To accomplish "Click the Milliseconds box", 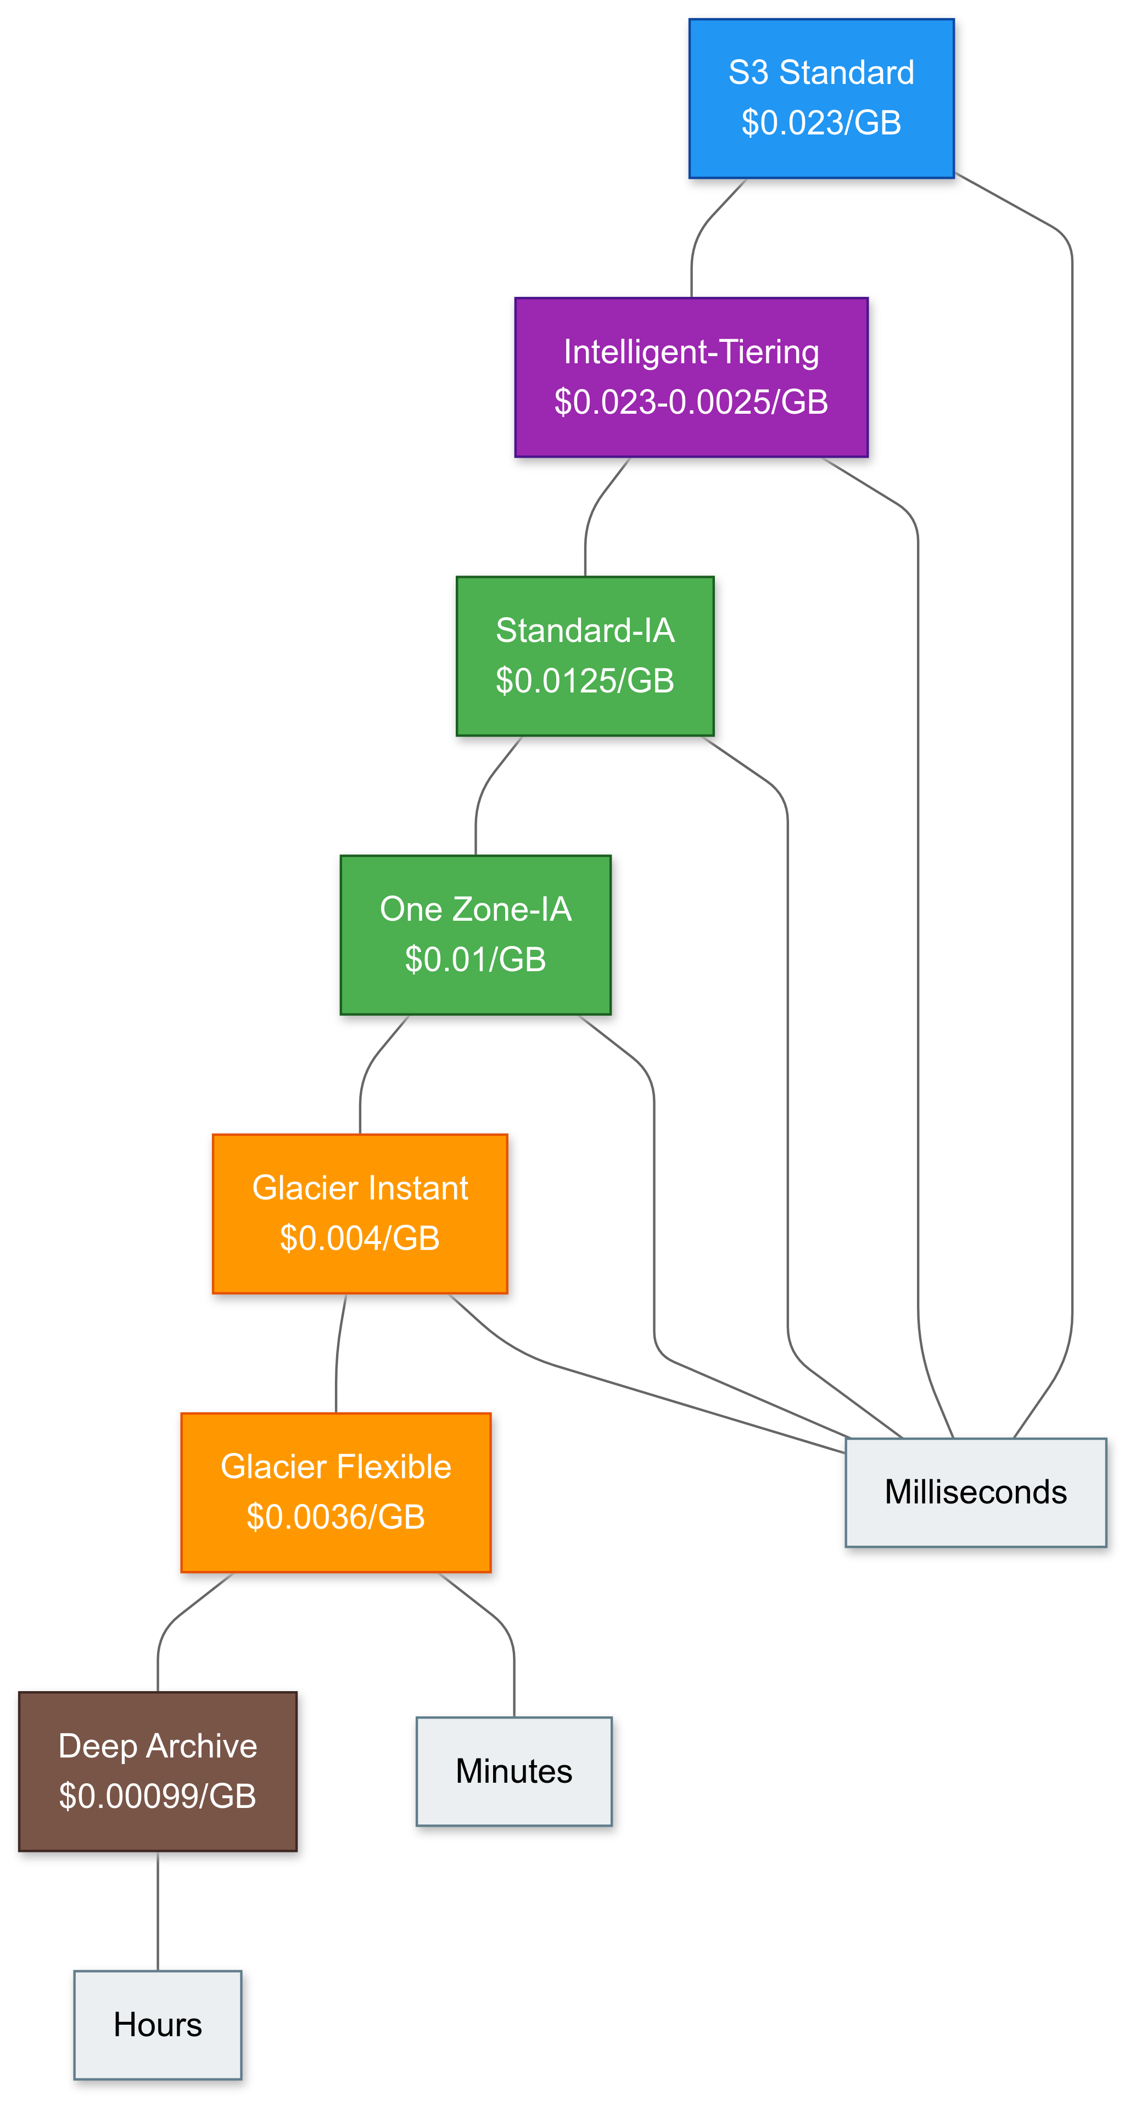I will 975,1492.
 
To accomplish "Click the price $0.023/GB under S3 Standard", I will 821,123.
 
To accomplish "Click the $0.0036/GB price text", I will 335,1517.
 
